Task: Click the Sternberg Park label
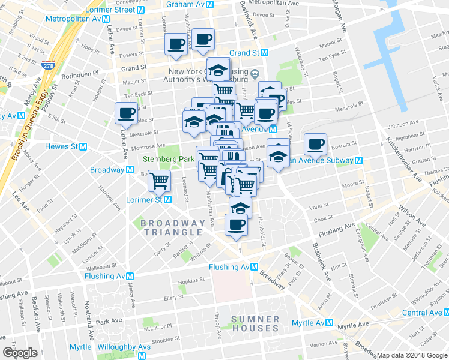point(167,159)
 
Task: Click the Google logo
point(20,352)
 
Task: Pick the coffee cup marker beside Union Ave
point(126,112)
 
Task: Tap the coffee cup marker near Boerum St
point(316,143)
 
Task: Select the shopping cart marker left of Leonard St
point(160,179)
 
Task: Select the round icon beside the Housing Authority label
point(255,73)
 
